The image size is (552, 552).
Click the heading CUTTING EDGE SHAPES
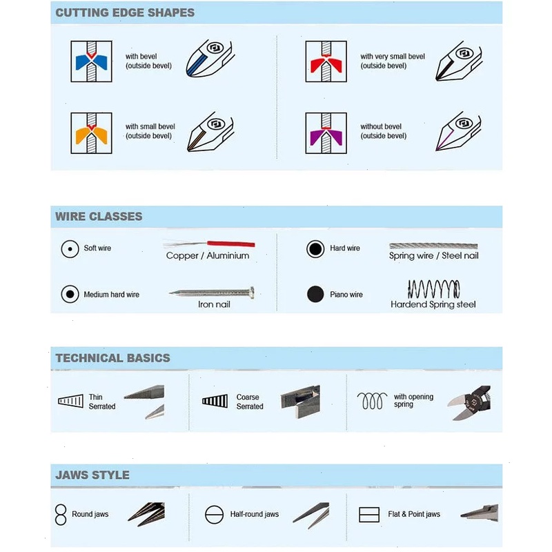click(x=125, y=12)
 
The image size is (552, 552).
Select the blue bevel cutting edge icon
click(x=92, y=61)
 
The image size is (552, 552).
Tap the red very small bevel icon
click(x=326, y=61)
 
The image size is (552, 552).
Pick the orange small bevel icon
click(x=92, y=132)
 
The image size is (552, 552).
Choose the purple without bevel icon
click(x=326, y=132)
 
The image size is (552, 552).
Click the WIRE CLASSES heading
click(x=99, y=217)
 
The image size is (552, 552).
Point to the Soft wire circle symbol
click(x=70, y=248)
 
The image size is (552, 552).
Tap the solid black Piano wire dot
click(x=315, y=295)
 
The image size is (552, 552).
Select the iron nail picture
click(x=214, y=293)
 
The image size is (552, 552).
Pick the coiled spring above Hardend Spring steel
click(x=433, y=288)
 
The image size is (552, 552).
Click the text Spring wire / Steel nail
click(x=433, y=256)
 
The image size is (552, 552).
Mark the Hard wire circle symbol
click(x=315, y=248)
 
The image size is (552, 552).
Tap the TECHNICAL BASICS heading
click(x=112, y=358)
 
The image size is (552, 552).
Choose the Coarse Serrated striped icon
click(x=215, y=401)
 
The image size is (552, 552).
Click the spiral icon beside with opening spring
click(x=373, y=400)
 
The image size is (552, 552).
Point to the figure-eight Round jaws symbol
click(x=61, y=514)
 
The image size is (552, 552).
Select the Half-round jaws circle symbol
click(x=214, y=515)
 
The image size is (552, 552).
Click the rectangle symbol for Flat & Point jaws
click(x=369, y=515)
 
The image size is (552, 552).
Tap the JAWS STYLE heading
click(x=92, y=475)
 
